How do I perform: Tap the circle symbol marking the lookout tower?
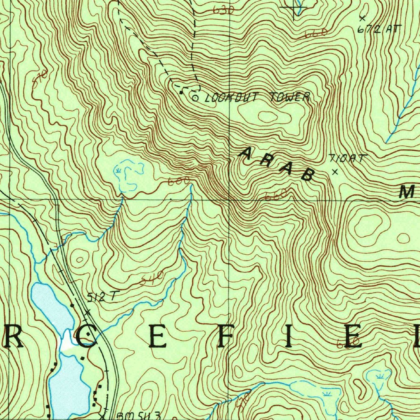(x=195, y=98)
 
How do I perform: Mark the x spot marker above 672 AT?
(x=362, y=18)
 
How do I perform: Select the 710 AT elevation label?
(x=346, y=158)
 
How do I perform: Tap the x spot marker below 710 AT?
(x=335, y=172)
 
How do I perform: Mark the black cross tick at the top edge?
(x=296, y=7)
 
